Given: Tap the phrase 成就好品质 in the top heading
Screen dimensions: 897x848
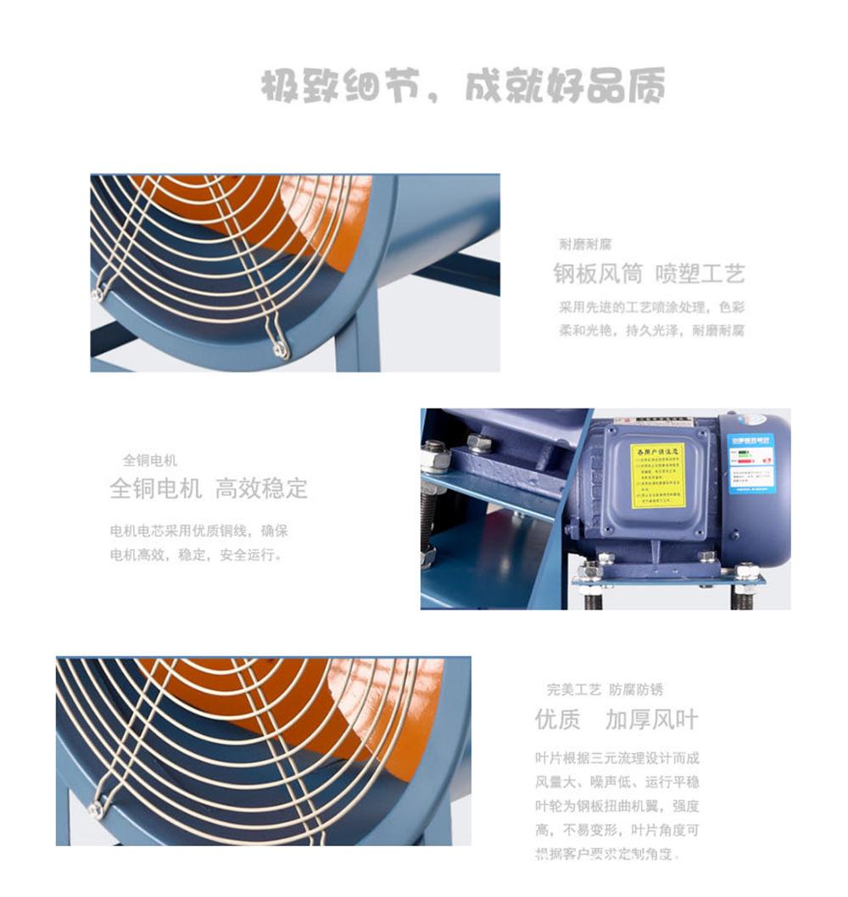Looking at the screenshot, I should pyautogui.click(x=564, y=86).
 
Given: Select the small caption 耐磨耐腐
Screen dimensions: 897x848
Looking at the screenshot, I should pyautogui.click(x=585, y=244).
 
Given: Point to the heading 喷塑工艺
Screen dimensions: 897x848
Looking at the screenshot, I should pyautogui.click(x=700, y=274).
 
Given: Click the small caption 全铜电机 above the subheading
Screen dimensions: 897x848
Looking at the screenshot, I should pyautogui.click(x=150, y=460).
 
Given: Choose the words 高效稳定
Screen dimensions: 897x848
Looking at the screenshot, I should pyautogui.click(x=261, y=489).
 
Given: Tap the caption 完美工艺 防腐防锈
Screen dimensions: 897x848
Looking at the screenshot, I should pyautogui.click(x=605, y=690).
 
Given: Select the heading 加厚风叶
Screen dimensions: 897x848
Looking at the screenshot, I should pyautogui.click(x=651, y=720).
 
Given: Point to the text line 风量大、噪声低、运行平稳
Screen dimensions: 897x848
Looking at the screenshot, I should pyautogui.click(x=617, y=782).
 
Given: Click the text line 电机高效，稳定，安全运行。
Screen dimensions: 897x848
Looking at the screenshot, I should pyautogui.click(x=196, y=556).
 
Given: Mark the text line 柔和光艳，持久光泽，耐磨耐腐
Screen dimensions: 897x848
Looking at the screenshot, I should pyautogui.click(x=651, y=331).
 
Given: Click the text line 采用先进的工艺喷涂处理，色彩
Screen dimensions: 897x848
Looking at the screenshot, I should pyautogui.click(x=651, y=307).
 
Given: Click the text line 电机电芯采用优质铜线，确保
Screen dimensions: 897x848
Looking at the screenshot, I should pyautogui.click(x=199, y=532).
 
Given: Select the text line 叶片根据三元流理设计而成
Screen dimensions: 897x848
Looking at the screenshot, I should pyautogui.click(x=617, y=758).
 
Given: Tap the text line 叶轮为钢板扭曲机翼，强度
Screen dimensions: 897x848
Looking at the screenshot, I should pyautogui.click(x=617, y=805).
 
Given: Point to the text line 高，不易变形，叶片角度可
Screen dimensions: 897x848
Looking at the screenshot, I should pyautogui.click(x=617, y=829).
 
